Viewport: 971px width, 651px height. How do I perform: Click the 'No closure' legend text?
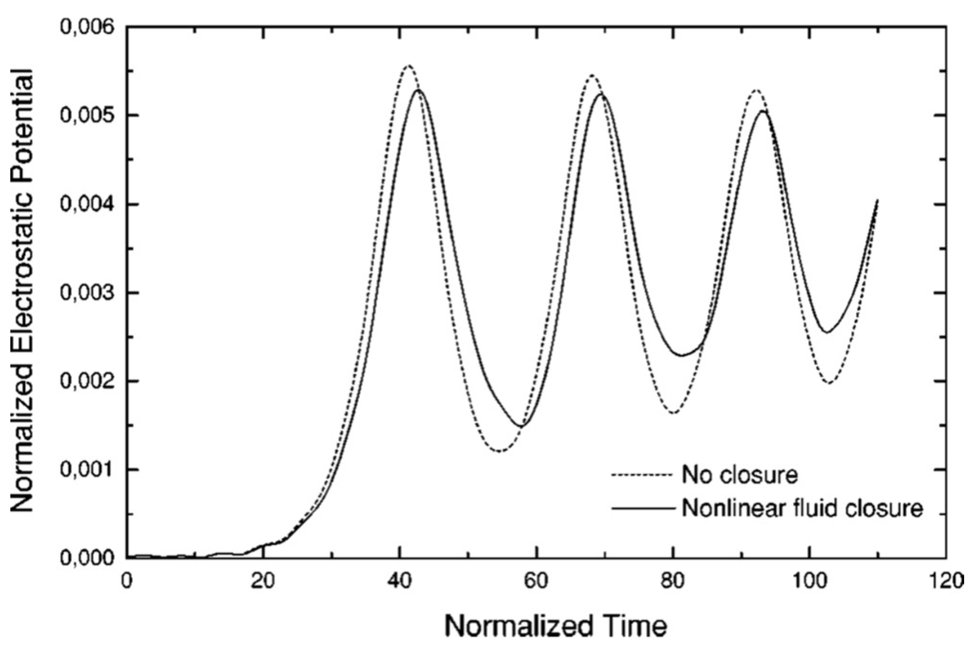click(740, 475)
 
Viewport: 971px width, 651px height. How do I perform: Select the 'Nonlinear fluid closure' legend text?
click(802, 508)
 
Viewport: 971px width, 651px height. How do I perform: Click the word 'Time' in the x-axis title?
click(619, 627)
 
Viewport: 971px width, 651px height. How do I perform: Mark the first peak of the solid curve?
click(418, 89)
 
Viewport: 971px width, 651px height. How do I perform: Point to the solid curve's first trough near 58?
click(522, 427)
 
